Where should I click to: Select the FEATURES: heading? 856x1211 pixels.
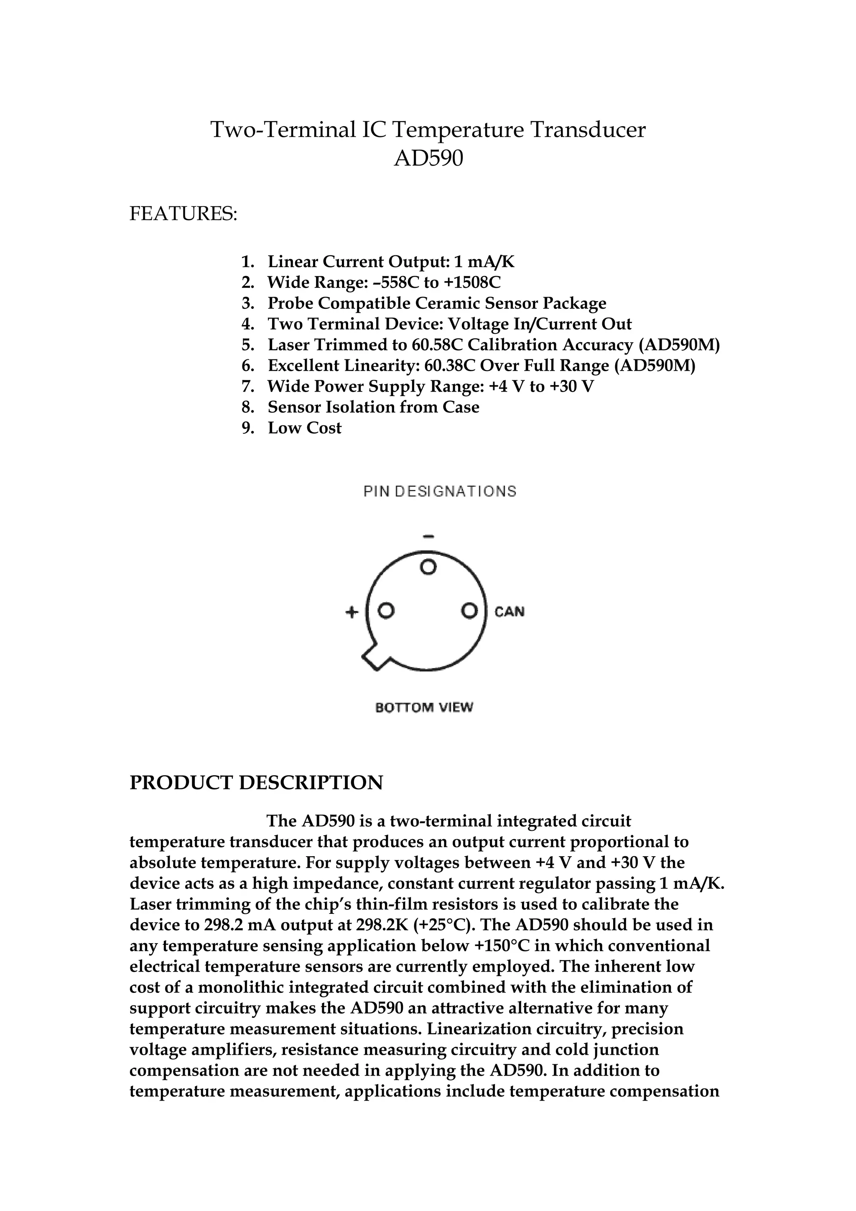[183, 214]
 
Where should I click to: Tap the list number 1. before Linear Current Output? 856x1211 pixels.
[248, 262]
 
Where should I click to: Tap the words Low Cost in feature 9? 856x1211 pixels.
[304, 428]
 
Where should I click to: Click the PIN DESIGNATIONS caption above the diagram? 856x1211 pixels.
[440, 491]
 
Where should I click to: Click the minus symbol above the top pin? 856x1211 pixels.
[428, 537]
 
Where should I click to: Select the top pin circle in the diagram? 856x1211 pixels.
[428, 567]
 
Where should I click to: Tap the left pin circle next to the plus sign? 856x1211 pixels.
[387, 611]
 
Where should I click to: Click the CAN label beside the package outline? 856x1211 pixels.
[510, 612]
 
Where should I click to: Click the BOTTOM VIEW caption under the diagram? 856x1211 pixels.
[424, 707]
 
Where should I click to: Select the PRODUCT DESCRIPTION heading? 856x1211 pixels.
[256, 783]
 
